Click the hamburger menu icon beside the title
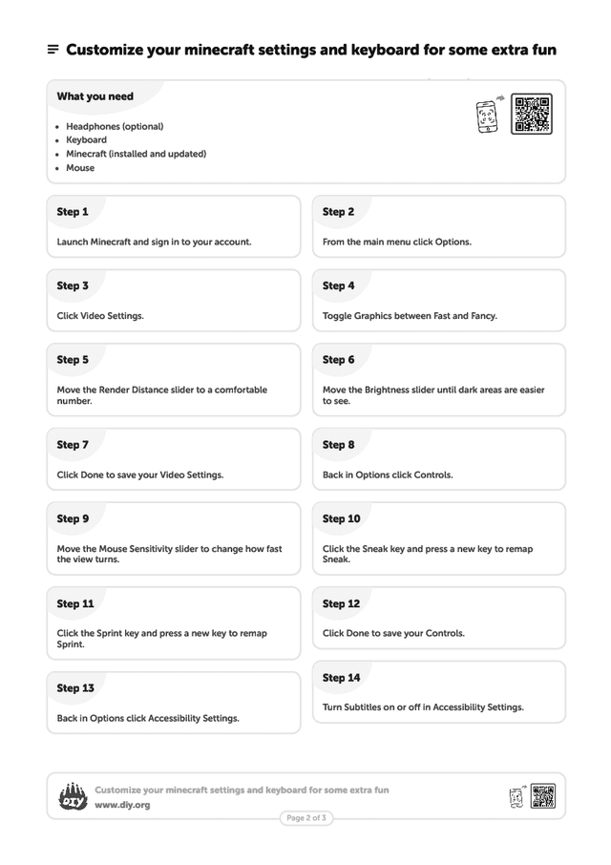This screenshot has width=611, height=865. tap(53, 50)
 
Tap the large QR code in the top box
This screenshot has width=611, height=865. tap(531, 114)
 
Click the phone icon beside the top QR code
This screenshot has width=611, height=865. tap(488, 116)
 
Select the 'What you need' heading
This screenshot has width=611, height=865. tap(95, 96)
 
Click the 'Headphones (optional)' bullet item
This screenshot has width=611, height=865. tap(115, 126)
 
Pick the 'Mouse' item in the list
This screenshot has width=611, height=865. tap(80, 168)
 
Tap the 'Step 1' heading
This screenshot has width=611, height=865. tap(73, 212)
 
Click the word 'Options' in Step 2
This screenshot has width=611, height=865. tap(453, 242)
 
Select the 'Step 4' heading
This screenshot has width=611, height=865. tap(338, 285)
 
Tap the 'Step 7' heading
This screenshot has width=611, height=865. tap(73, 445)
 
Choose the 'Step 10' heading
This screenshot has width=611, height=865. tap(341, 518)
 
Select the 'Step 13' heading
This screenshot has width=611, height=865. tap(75, 687)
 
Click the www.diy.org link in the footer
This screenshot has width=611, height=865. tap(122, 805)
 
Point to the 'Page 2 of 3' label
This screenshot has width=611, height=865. tap(306, 818)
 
